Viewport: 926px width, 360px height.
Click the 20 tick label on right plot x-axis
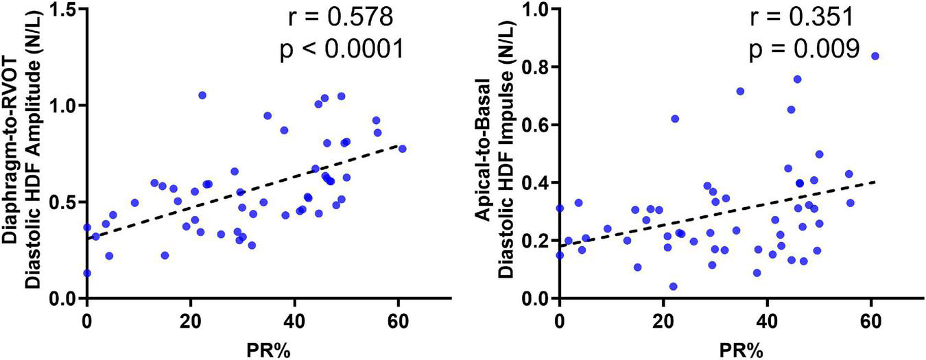[663, 320]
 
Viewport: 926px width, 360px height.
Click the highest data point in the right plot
[875, 56]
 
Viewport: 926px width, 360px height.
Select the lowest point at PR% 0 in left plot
[87, 273]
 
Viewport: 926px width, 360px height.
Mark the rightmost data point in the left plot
[402, 149]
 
